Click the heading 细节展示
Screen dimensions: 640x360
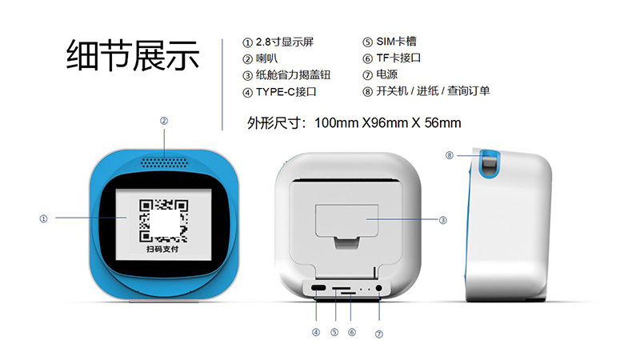click(x=133, y=55)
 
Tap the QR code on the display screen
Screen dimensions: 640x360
click(x=163, y=221)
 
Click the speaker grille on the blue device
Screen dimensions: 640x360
click(x=165, y=163)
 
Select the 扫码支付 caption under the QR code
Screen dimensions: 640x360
click(x=162, y=249)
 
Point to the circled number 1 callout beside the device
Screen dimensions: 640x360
click(x=43, y=218)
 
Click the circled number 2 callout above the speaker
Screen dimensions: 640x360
click(x=164, y=121)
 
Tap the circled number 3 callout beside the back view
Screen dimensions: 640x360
click(x=443, y=221)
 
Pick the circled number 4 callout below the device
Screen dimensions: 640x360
click(x=316, y=332)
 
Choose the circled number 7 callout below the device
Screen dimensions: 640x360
click(x=378, y=334)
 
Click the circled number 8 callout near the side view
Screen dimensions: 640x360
click(x=450, y=155)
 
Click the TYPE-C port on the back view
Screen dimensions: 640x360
click(x=318, y=288)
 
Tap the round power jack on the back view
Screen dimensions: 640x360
click(x=378, y=288)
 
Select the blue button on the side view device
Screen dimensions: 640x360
click(x=489, y=163)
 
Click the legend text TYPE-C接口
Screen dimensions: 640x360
click(x=286, y=92)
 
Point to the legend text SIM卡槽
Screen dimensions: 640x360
click(x=396, y=42)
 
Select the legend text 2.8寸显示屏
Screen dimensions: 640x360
click(x=285, y=42)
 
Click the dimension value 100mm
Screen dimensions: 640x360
click(x=337, y=123)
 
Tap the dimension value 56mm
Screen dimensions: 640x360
click(x=443, y=123)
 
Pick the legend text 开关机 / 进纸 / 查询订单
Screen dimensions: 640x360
click(x=433, y=90)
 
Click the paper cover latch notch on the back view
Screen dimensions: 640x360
click(x=347, y=242)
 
